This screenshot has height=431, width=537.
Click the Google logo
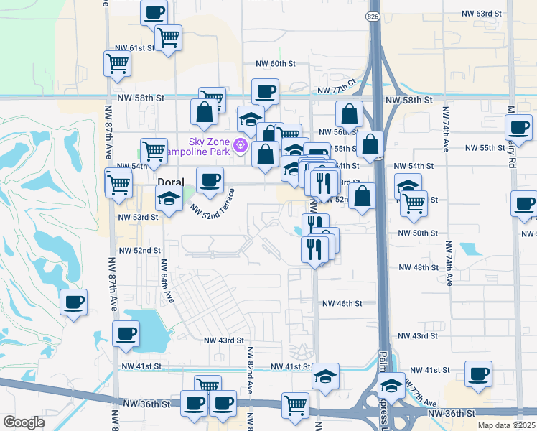(24, 422)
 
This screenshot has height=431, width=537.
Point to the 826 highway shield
(373, 16)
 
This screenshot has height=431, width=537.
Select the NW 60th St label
(276, 64)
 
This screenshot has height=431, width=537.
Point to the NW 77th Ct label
(337, 87)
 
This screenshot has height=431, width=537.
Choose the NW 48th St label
(419, 267)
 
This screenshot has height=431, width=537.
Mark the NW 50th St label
(419, 233)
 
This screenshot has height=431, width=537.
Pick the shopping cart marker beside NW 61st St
(117, 63)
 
